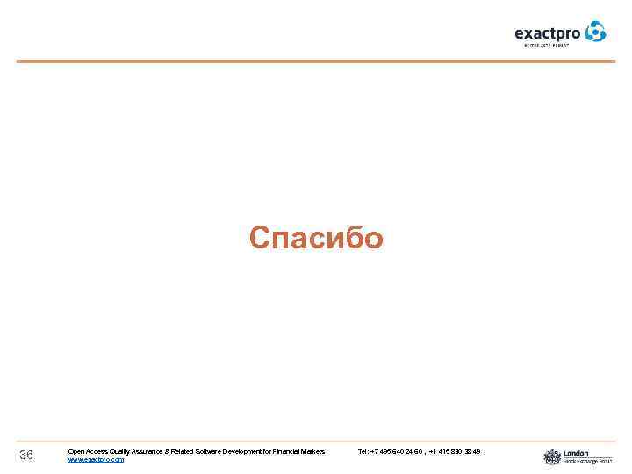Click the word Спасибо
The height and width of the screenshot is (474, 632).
click(316, 238)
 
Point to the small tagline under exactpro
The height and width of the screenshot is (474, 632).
click(547, 45)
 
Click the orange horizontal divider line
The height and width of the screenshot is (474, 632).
click(316, 61)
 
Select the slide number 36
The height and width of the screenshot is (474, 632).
click(26, 455)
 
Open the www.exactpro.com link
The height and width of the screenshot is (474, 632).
click(96, 459)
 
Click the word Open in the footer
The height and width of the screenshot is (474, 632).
click(76, 451)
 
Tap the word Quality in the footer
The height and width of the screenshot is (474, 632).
click(121, 451)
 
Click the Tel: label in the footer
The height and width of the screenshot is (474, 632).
click(363, 451)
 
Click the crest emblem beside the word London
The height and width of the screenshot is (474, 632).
click(552, 456)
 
